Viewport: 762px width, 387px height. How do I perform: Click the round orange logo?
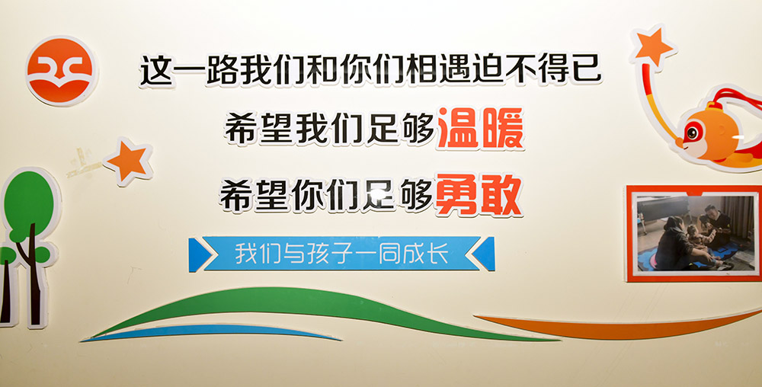pos(60,71)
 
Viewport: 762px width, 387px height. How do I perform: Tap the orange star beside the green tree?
pos(128,162)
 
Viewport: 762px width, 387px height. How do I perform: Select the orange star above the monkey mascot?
pos(653,46)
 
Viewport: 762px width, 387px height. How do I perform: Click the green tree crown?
pos(29,204)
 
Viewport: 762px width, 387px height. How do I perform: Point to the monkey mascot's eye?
pos(691,132)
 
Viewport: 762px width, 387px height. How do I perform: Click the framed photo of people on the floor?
pos(694,234)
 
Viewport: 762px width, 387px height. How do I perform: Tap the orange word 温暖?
pos(479,129)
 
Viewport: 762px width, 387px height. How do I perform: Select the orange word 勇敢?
pos(479,195)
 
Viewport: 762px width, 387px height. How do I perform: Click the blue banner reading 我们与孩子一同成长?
pos(341,254)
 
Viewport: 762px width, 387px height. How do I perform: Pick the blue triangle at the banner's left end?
pos(197,254)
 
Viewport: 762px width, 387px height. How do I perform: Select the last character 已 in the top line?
pos(587,69)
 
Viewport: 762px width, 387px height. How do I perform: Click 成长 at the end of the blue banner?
pos(430,254)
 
